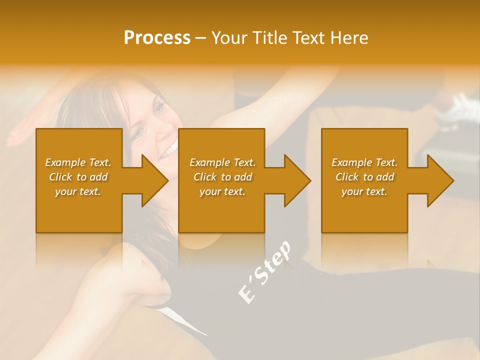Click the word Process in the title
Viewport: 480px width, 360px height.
point(157,38)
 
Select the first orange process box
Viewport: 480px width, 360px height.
point(79,210)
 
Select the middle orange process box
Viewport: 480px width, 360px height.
point(221,210)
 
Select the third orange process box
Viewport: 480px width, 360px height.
point(364,210)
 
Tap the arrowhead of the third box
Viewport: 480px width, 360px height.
point(439,180)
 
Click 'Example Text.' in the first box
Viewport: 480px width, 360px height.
point(78,162)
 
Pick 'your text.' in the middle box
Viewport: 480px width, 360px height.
point(222,191)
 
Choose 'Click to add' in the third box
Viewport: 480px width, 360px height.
point(364,177)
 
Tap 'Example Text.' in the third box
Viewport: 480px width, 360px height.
point(364,162)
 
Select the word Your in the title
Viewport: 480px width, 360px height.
point(230,38)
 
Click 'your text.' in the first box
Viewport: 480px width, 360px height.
point(78,191)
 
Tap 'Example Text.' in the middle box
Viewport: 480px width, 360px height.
point(222,162)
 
